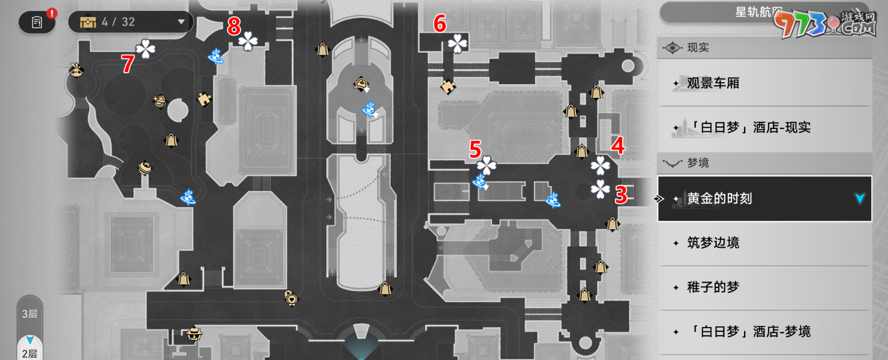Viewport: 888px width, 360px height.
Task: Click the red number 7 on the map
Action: coord(127,64)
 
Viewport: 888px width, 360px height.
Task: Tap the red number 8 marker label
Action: coord(234,26)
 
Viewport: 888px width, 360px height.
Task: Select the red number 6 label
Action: coord(440,25)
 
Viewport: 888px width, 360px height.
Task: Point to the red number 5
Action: coord(475,149)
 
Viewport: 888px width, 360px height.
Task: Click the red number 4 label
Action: coord(618,146)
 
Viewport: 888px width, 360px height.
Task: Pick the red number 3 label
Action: coord(621,195)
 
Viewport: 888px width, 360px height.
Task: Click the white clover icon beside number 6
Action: coord(458,43)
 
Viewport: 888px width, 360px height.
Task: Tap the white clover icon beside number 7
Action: coord(145,49)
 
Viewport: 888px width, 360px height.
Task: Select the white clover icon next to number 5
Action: coord(486,166)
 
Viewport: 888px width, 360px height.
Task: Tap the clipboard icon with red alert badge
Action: coord(37,22)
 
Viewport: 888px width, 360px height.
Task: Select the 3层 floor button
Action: coord(29,314)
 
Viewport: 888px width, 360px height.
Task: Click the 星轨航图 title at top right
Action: coord(758,12)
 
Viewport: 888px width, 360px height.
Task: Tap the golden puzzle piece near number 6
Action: coord(448,87)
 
